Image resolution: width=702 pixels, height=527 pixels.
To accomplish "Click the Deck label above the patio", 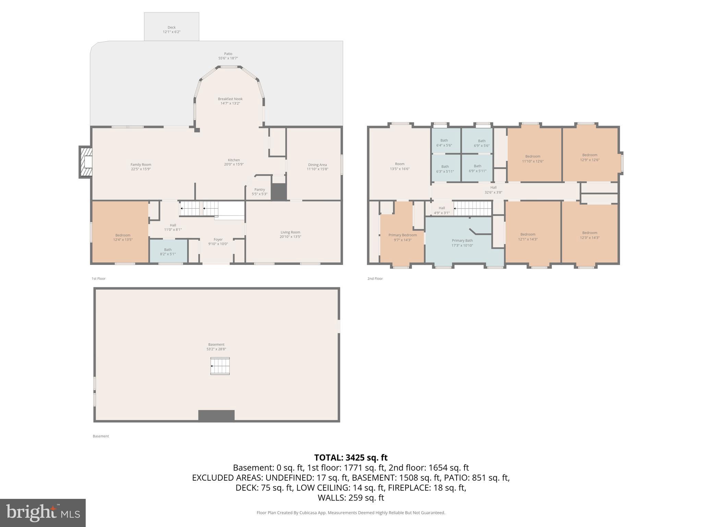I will (171, 27).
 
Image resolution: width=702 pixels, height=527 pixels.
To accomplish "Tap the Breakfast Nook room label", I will (230, 99).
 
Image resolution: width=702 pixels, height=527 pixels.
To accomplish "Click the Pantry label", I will (259, 189).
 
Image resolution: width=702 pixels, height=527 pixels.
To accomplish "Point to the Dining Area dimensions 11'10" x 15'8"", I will (317, 169).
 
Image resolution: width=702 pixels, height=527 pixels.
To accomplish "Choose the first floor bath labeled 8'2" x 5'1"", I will (168, 252).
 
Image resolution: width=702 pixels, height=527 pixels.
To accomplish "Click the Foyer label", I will (218, 239).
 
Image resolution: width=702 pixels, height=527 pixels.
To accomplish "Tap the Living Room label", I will (290, 232).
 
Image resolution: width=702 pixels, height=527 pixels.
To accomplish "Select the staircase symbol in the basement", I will (220, 366).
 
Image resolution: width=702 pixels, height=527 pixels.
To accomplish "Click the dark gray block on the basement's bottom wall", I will (216, 415).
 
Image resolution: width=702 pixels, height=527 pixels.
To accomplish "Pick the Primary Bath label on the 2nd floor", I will (462, 241).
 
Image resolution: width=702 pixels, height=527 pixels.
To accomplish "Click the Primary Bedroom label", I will (402, 235).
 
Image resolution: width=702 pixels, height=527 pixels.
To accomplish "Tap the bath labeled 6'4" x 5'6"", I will (444, 143).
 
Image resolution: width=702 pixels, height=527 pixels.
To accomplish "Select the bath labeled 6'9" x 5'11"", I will (477, 168).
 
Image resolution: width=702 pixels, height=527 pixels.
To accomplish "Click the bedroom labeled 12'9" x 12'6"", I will (590, 157).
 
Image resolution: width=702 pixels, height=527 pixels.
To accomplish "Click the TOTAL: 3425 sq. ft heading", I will (351, 458).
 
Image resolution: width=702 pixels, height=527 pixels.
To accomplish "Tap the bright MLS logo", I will (43, 513).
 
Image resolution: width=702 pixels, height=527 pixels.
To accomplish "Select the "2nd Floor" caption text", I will (375, 279).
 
